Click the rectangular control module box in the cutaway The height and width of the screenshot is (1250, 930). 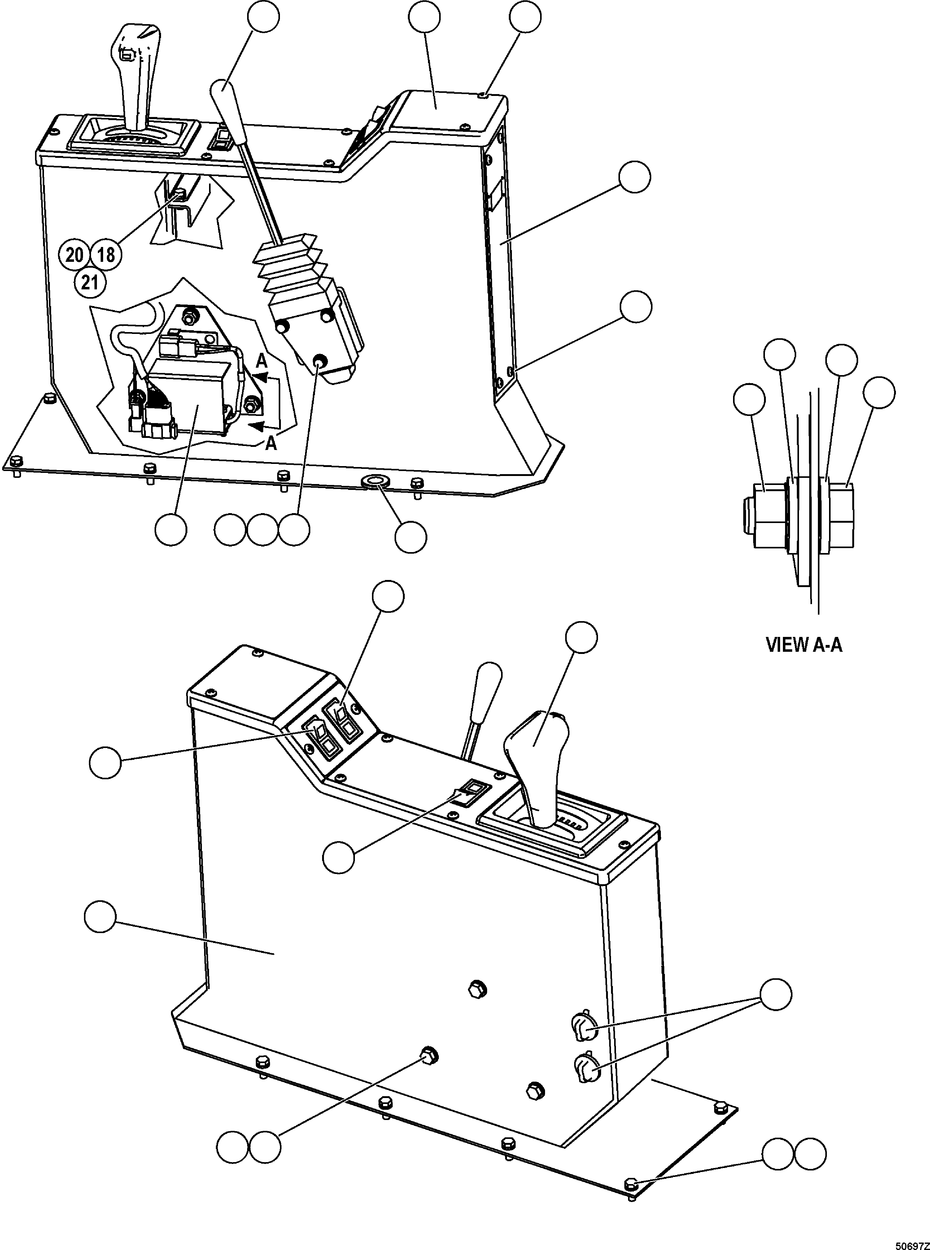[x=189, y=397]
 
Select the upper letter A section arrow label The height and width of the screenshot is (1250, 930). [x=262, y=361]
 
